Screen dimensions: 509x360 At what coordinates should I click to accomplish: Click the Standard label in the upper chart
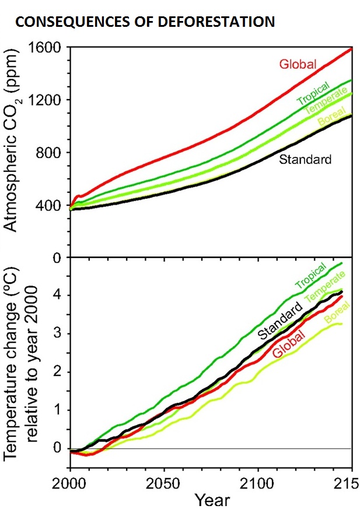pyautogui.click(x=305, y=159)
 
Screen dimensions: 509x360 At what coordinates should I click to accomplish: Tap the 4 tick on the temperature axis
pyautogui.click(x=57, y=295)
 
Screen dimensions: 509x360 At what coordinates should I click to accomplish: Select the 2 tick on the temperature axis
pyautogui.click(x=57, y=371)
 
